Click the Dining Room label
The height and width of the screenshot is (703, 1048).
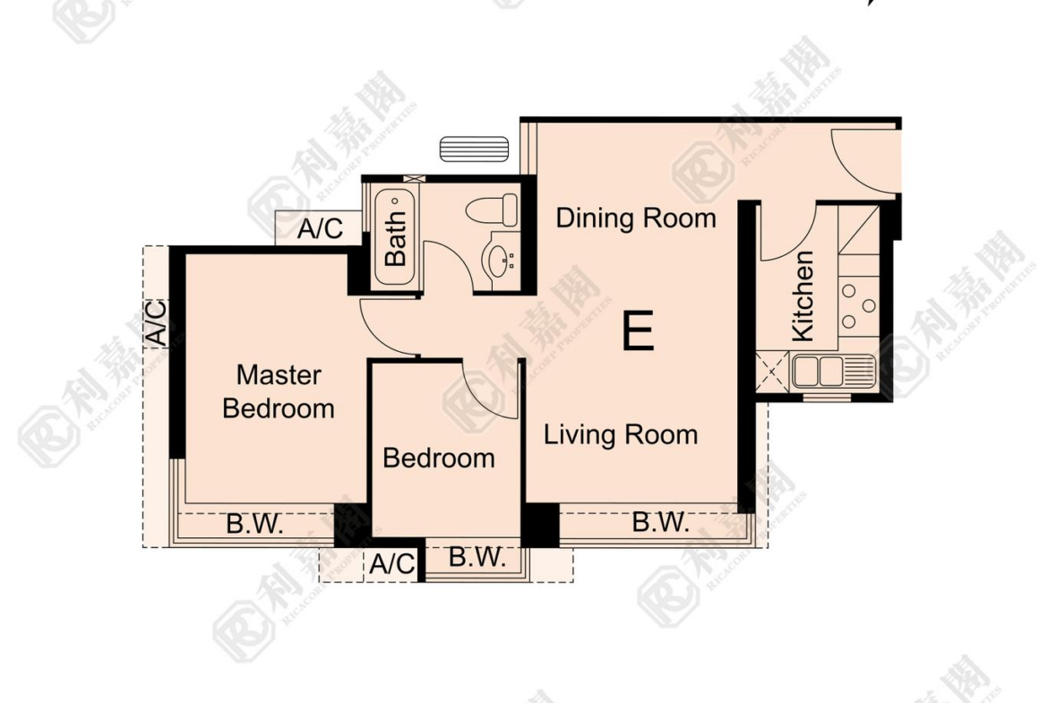[636, 219]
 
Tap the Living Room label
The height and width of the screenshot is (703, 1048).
[620, 435]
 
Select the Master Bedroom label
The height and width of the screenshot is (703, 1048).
[279, 391]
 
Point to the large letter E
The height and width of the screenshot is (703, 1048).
[638, 330]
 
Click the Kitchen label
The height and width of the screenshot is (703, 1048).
[802, 296]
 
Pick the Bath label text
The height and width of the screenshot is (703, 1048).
[395, 238]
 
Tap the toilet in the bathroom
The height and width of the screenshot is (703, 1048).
[492, 210]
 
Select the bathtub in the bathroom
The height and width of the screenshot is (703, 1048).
[395, 237]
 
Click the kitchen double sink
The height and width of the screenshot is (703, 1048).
[833, 372]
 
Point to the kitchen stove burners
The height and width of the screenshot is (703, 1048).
[858, 306]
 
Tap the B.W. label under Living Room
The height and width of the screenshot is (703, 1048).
[660, 522]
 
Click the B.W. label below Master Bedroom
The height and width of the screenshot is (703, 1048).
[254, 524]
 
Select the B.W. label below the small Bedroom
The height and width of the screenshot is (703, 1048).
[477, 557]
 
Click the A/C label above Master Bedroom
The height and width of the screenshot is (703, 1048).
[320, 228]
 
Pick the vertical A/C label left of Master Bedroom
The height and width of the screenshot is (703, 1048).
[156, 323]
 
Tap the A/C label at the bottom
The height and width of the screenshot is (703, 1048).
[393, 564]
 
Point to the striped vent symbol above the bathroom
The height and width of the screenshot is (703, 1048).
[474, 149]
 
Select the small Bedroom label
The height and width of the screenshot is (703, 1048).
[439, 459]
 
